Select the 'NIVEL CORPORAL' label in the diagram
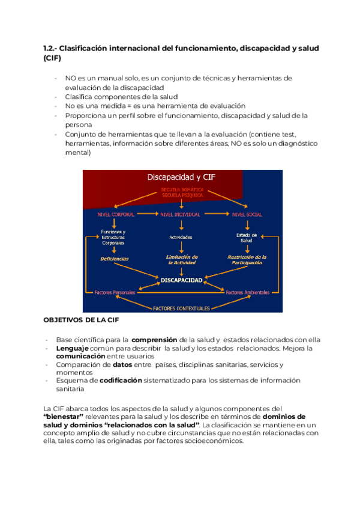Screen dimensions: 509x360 115,214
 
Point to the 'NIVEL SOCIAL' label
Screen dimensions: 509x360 247,214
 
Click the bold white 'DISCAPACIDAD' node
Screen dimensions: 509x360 181,279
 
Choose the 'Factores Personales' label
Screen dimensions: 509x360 115,292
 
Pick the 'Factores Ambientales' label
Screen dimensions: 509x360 247,292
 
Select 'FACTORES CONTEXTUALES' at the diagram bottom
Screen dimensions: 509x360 181,308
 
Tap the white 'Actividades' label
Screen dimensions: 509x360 181,237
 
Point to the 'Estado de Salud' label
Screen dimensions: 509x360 247,237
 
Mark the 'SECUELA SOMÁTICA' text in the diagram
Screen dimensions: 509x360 181,190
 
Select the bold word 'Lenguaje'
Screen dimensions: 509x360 72,348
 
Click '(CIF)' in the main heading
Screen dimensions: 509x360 52,58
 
